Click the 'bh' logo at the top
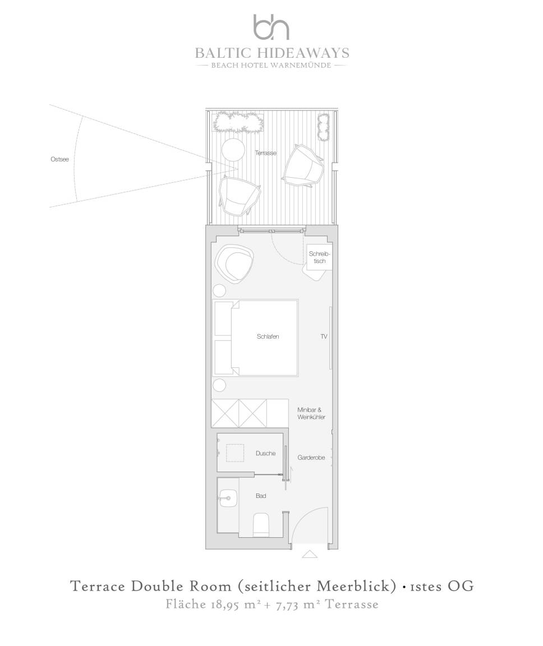[271, 27]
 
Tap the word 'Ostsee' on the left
[59, 159]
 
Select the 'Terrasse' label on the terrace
[266, 153]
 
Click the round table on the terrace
[233, 150]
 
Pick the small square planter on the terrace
[323, 127]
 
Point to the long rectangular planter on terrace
[238, 122]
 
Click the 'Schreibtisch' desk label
[320, 257]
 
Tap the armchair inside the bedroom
[234, 264]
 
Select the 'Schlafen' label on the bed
[268, 336]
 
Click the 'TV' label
[324, 336]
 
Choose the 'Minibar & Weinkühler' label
[311, 413]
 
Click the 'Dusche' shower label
[265, 453]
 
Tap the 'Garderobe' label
[311, 458]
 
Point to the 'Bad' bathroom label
[261, 496]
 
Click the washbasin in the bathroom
[228, 498]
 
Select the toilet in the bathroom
[261, 524]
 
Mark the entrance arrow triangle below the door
[310, 554]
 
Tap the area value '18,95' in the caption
[225, 605]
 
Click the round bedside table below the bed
[219, 386]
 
